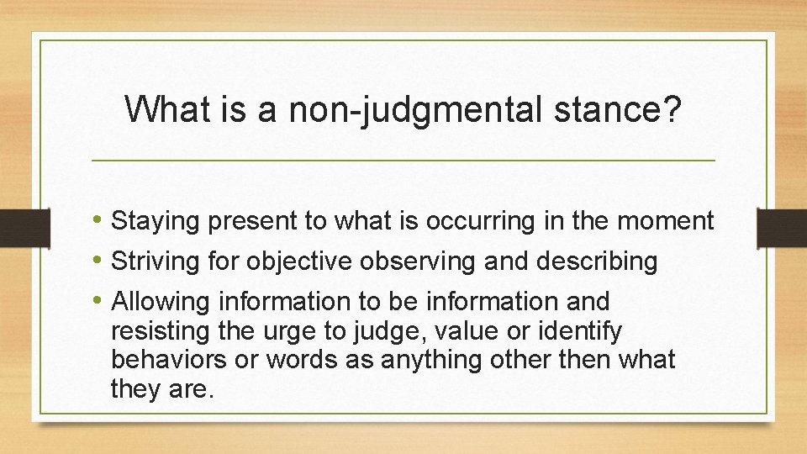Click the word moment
point(665,221)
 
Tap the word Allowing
point(162,301)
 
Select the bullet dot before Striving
point(100,261)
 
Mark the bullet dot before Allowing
point(100,300)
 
